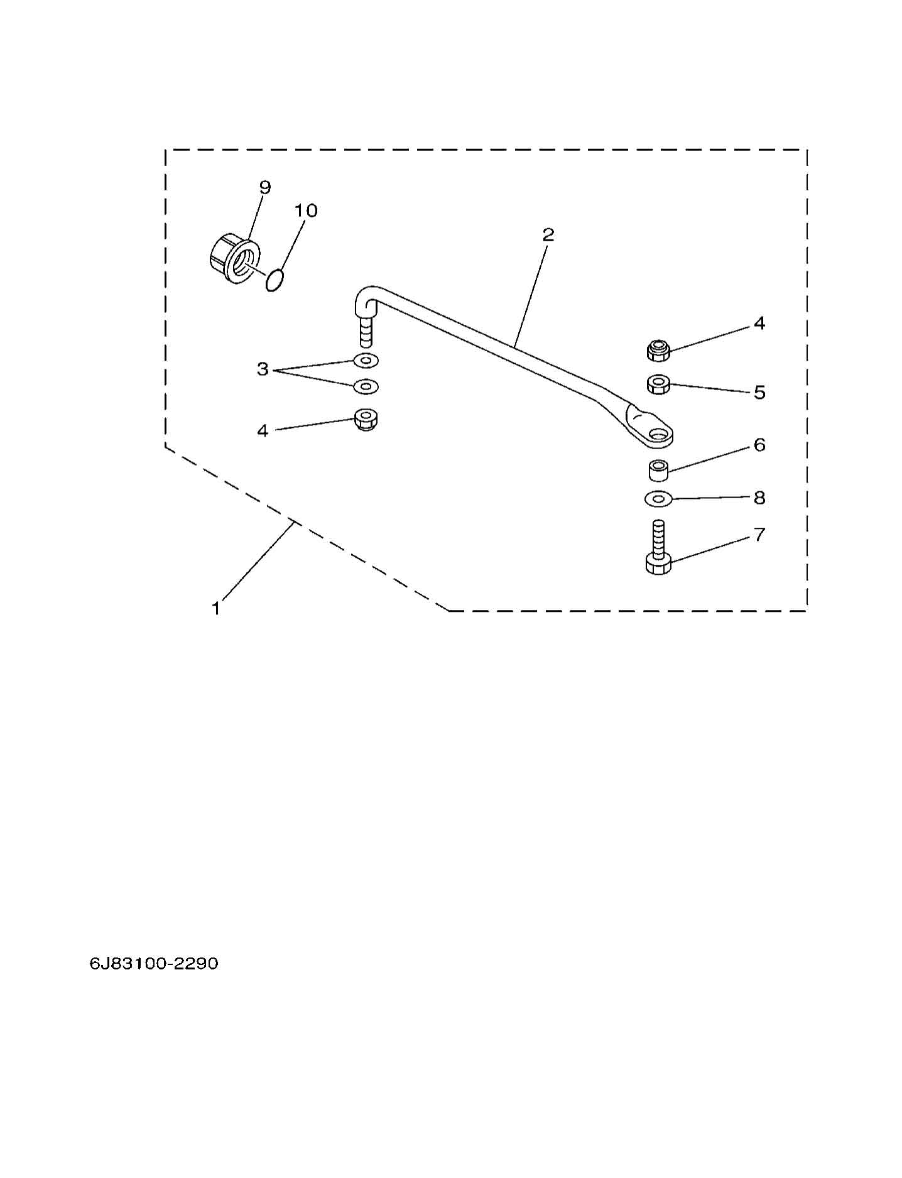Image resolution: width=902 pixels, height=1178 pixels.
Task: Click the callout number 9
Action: point(264,187)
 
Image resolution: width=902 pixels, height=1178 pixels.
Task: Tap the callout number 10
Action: point(306,210)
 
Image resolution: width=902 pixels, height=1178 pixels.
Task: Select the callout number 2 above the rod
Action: point(548,235)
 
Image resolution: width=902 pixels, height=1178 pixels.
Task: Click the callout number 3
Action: point(263,369)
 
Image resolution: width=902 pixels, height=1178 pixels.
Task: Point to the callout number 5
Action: point(759,393)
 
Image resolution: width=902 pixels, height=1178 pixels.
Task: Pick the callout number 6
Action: point(759,445)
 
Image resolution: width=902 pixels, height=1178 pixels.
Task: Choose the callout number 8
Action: point(759,498)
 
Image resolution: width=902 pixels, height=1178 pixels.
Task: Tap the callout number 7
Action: point(759,535)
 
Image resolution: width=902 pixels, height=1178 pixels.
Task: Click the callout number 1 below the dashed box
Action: point(216,608)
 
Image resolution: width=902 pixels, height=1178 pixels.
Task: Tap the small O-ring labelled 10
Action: point(274,281)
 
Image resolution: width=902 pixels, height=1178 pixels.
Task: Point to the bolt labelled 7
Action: point(658,547)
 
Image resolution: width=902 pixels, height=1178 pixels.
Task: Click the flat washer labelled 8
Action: point(658,498)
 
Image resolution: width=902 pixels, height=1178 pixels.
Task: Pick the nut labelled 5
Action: point(658,384)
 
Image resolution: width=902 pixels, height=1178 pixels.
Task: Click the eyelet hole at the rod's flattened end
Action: point(659,434)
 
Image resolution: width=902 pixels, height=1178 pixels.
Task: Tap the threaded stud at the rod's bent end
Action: point(366,332)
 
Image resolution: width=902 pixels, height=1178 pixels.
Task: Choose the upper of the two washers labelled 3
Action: point(366,361)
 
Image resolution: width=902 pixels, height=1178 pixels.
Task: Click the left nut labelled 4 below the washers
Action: point(366,419)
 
